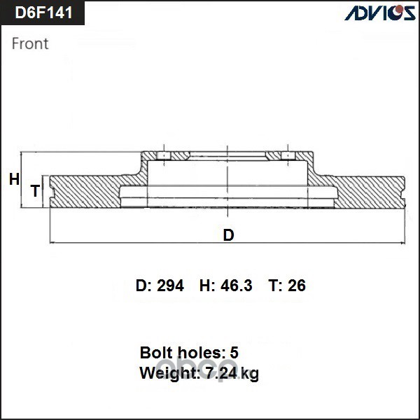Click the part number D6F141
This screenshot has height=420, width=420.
(43, 13)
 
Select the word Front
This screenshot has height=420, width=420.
(31, 43)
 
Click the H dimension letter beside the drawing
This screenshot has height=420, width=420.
(14, 180)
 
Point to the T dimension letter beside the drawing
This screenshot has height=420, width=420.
(34, 190)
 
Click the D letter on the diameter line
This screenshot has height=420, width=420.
(228, 235)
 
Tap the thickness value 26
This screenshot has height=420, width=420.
(297, 286)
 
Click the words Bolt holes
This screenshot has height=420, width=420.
(179, 352)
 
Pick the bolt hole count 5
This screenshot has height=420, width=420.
(234, 352)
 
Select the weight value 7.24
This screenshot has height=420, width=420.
(222, 373)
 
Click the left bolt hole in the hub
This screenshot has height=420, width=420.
(162, 155)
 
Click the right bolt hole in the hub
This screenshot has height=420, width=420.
(287, 155)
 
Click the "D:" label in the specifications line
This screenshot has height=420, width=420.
(143, 286)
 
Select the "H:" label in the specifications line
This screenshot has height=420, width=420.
(207, 286)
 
